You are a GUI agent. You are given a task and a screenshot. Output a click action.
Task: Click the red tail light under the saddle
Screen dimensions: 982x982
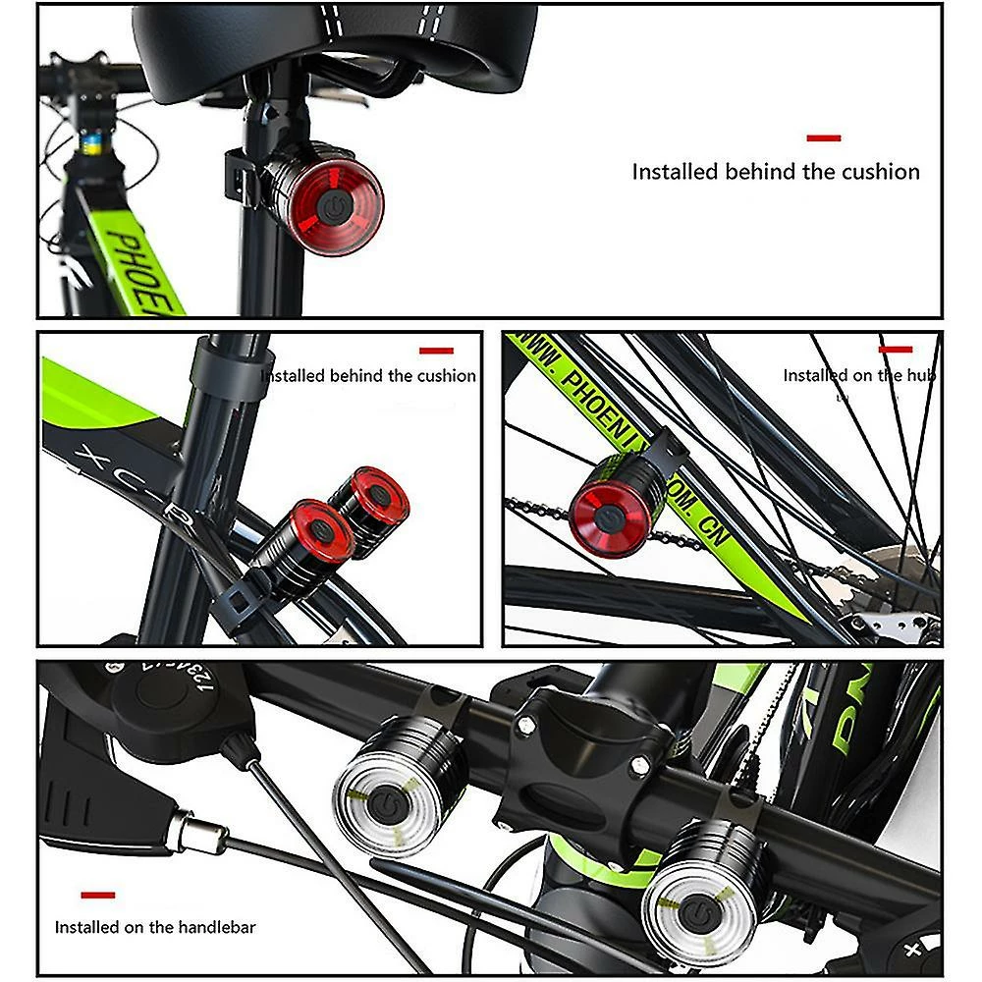[x=334, y=205]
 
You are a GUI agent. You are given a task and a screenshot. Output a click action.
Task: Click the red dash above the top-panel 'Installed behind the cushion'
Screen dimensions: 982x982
[x=823, y=138]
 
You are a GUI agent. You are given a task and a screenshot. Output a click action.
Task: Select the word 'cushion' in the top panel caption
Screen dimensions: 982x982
[x=872, y=172]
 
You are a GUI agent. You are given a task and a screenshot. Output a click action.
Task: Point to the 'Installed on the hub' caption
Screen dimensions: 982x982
[x=858, y=375]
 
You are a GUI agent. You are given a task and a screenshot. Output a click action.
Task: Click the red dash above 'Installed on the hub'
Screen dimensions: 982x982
[x=895, y=349]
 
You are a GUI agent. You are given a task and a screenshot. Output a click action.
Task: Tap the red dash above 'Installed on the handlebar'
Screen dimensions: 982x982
[x=98, y=895]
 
